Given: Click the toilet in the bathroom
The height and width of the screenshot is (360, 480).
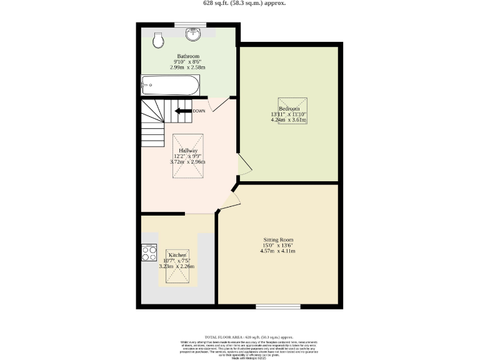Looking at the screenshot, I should coord(159,41).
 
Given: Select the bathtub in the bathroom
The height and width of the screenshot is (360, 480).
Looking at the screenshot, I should coord(170,85).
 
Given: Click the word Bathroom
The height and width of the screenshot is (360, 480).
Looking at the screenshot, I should coord(188,56).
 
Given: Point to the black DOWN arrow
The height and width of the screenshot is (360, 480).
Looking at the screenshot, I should coord(182,111).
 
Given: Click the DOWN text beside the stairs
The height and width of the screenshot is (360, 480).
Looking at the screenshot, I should coord(199,111).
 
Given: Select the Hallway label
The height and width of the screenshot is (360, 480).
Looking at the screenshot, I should coord(188,151).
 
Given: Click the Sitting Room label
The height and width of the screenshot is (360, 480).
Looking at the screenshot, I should coord(277,240).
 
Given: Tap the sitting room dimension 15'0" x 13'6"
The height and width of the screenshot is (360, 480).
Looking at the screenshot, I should coord(277,246).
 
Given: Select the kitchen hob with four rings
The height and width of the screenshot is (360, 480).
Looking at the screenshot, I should coord(149,252).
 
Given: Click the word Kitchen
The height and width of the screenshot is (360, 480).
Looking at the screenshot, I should coord(177,256).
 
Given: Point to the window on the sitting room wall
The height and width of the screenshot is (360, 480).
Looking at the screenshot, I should coord(277,306).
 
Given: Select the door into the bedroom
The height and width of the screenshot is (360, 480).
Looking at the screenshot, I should coord(244,164).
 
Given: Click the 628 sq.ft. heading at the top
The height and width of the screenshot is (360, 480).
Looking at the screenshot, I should coord(244,3).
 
